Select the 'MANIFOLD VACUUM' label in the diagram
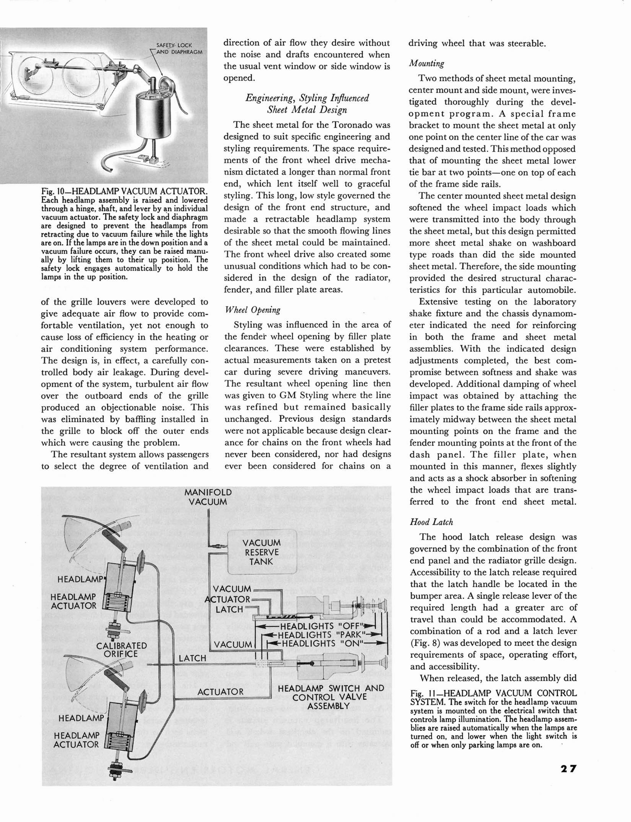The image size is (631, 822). pyautogui.click(x=208, y=497)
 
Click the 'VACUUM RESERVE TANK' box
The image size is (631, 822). pyautogui.click(x=262, y=552)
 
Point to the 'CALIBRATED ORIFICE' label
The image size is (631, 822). pyautogui.click(x=121, y=649)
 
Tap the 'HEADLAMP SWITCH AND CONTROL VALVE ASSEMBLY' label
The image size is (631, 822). pyautogui.click(x=330, y=697)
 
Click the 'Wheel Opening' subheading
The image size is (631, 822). pyautogui.click(x=252, y=310)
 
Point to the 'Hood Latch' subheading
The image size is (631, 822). pyautogui.click(x=431, y=522)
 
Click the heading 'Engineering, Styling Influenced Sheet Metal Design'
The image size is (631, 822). pyautogui.click(x=307, y=103)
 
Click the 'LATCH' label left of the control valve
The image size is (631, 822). pyautogui.click(x=192, y=658)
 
